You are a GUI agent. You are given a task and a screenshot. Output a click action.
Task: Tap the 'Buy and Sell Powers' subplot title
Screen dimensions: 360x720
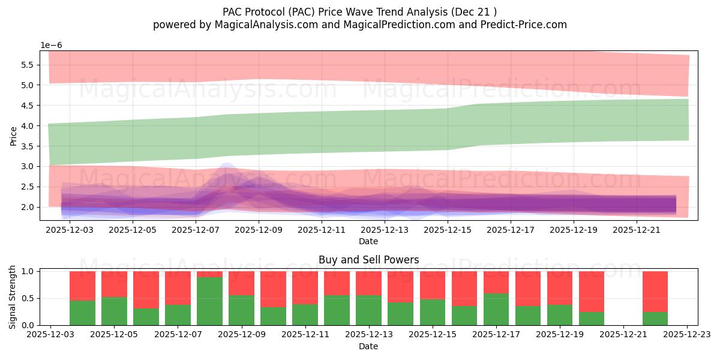pos(368,260)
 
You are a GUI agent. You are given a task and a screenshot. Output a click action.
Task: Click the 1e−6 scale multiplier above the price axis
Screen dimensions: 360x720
pos(51,45)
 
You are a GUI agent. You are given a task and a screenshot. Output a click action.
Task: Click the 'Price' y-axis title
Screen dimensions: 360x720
pos(13,136)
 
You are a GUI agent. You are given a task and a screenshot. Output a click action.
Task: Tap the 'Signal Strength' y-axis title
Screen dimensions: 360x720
pos(13,297)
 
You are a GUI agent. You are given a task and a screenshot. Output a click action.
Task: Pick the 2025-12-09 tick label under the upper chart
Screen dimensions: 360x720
pos(259,229)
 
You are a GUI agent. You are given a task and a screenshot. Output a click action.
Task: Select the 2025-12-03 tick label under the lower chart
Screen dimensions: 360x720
pos(51,334)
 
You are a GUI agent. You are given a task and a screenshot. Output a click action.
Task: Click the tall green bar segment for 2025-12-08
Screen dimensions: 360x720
pos(209,301)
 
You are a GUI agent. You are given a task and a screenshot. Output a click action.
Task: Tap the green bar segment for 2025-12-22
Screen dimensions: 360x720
pos(655,319)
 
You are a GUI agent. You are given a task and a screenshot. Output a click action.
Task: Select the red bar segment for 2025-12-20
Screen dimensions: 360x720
pos(592,291)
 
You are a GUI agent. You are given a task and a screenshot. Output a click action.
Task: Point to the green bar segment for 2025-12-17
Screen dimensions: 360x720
pos(496,309)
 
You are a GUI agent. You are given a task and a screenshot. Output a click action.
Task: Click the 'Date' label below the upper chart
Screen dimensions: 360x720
pos(368,241)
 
